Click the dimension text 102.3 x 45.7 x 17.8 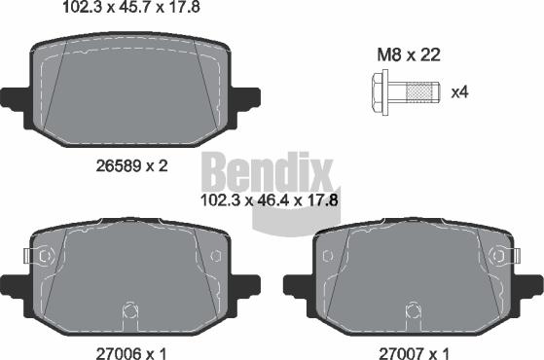(131, 7)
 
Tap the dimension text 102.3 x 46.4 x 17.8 (270, 200)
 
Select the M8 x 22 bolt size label (409, 54)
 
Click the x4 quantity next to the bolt (459, 92)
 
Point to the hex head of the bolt (380, 92)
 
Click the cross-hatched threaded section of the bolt (418, 92)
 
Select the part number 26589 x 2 (131, 166)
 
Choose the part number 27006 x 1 (131, 354)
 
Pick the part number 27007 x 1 (414, 354)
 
